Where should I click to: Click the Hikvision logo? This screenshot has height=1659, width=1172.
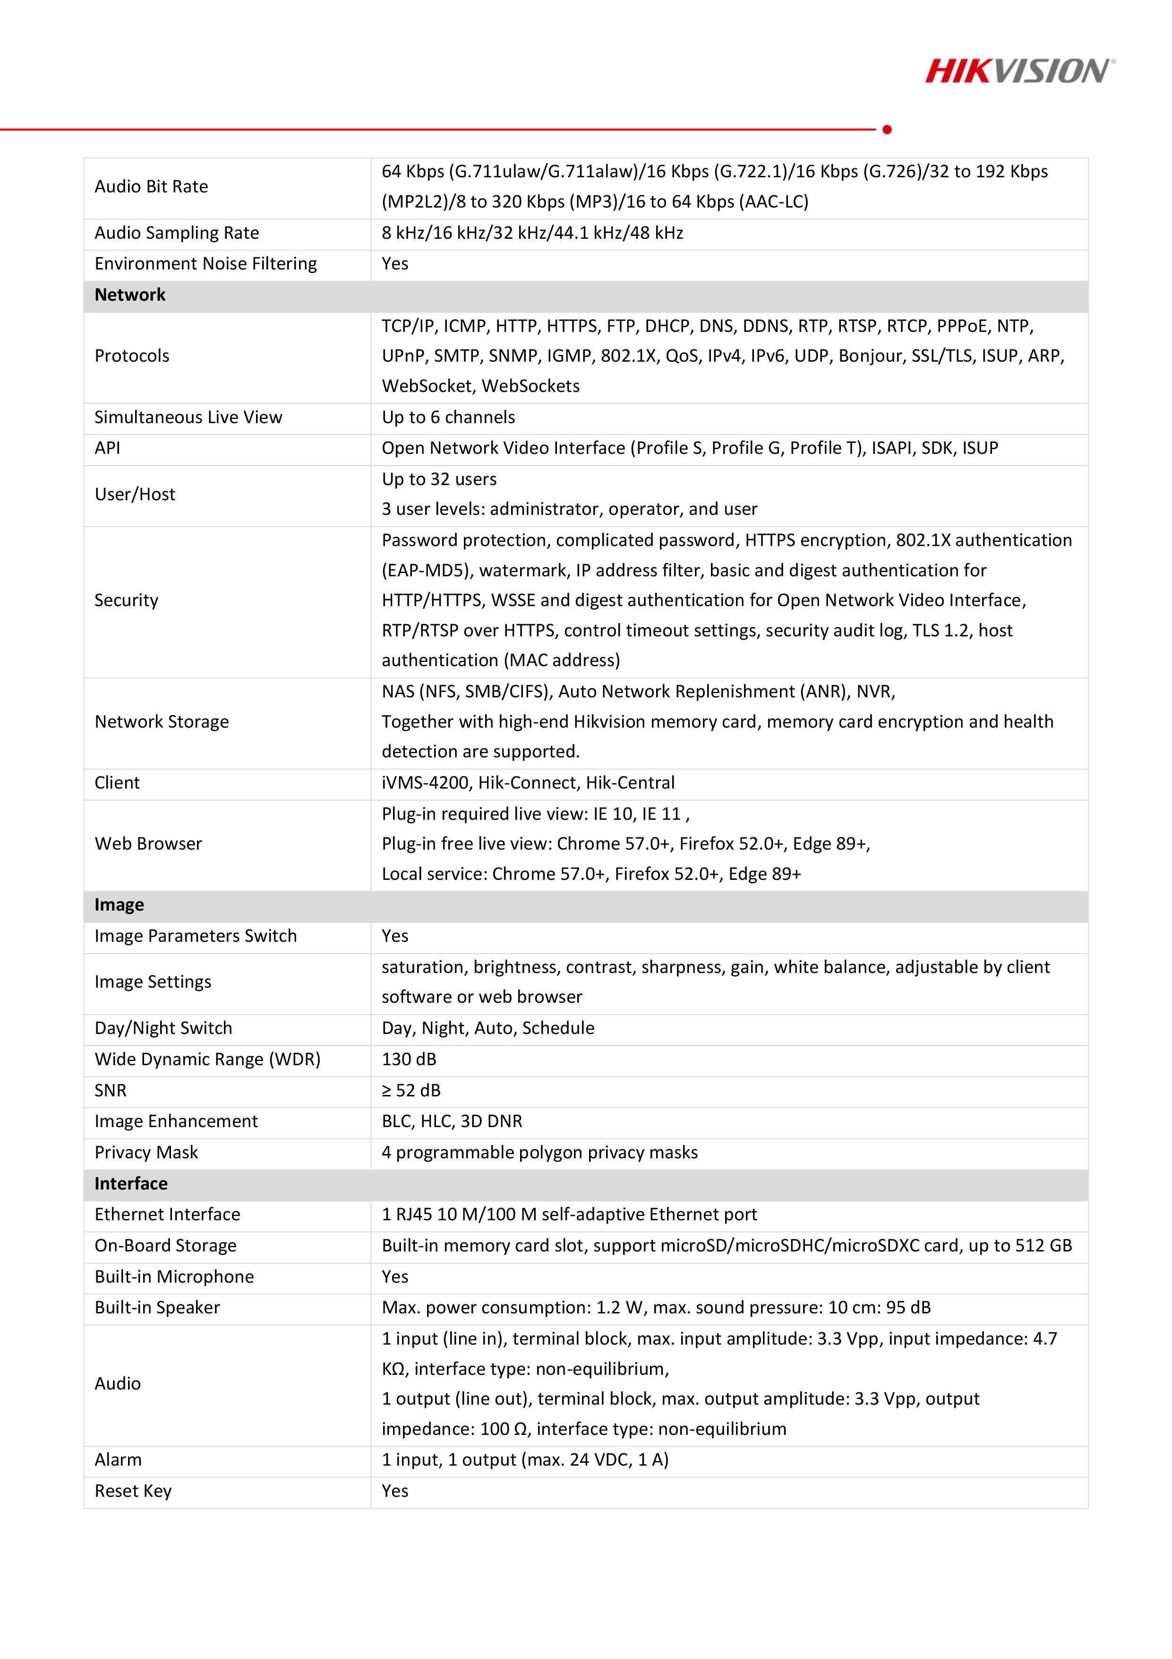[x=1019, y=71]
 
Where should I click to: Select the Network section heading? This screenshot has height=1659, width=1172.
[x=130, y=295]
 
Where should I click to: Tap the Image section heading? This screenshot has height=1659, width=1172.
[x=119, y=904]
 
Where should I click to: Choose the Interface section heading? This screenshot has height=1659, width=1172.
[x=131, y=1183]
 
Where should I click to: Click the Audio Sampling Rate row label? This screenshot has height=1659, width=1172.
[x=177, y=233]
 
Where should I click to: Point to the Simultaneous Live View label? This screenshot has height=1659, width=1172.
[x=188, y=417]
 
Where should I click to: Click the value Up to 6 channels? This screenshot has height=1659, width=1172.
[x=448, y=417]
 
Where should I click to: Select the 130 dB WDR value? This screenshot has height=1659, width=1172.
[x=409, y=1060]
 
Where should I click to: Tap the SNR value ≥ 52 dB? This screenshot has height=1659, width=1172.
[x=411, y=1090]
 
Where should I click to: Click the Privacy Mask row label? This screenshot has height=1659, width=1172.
[x=146, y=1153]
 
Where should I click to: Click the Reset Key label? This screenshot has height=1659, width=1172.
[x=133, y=1491]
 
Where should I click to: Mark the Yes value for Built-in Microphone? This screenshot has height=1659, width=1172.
[x=395, y=1277]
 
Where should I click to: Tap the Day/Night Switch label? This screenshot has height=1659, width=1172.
[x=163, y=1028]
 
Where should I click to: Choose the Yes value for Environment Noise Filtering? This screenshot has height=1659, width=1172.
[x=395, y=264]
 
